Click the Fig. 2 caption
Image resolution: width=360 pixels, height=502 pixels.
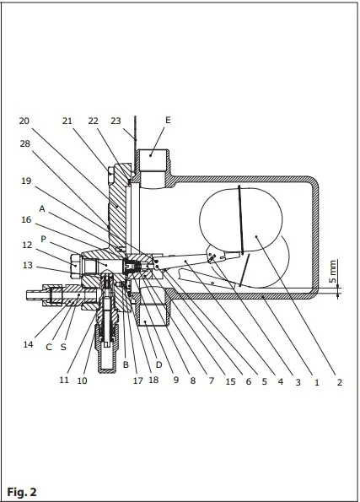click(x=22, y=490)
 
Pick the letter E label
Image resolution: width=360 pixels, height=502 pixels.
click(x=167, y=121)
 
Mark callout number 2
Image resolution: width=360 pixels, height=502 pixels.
click(x=339, y=382)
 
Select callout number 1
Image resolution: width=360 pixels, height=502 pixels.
click(x=315, y=382)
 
